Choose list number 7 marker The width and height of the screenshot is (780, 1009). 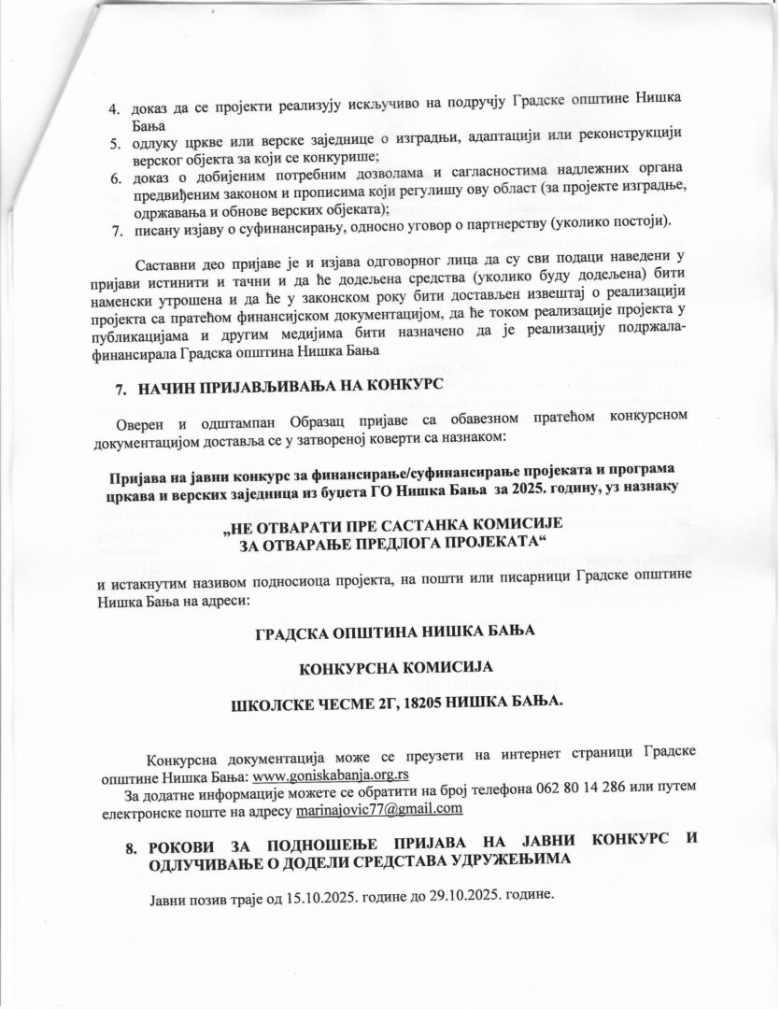pos(116,225)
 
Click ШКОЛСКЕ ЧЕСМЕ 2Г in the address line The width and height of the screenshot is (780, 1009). pos(295,701)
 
